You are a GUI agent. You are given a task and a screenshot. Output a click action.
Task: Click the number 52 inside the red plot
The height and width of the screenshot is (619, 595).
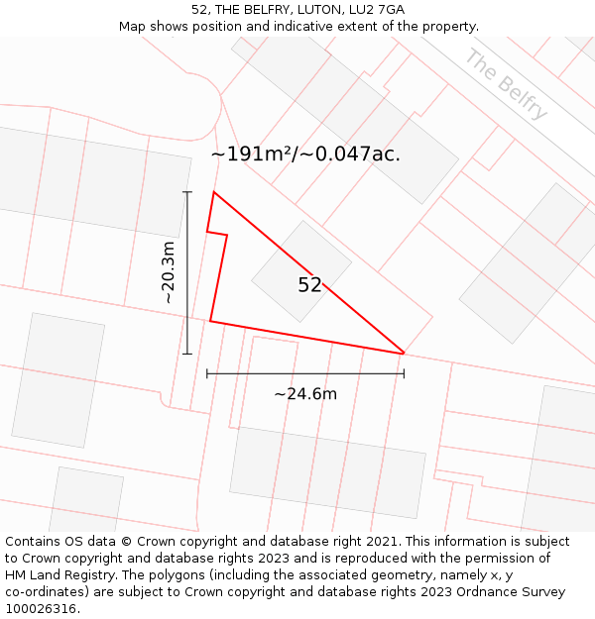point(309,285)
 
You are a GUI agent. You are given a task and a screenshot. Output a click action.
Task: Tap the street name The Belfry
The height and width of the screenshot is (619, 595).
point(506,84)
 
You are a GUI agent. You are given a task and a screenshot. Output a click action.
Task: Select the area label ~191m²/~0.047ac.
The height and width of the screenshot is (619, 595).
point(305,155)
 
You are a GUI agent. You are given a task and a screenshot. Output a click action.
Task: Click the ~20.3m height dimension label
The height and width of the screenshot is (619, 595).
point(169,271)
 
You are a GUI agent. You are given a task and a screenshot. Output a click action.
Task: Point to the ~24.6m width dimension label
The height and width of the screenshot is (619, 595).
point(305,394)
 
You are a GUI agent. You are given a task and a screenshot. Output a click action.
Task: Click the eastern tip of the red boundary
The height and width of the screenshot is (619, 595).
point(404,353)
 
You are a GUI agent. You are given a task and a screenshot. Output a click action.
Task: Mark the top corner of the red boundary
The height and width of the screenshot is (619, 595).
point(213,192)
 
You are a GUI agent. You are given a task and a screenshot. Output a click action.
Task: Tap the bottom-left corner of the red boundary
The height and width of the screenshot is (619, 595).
point(210,321)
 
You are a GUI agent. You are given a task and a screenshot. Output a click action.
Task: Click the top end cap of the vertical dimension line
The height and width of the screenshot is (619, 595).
point(187,191)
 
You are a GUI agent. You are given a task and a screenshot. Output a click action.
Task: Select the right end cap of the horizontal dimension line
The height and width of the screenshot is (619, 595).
point(404,373)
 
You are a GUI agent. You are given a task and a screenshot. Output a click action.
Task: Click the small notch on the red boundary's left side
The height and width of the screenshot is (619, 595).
point(217,234)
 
